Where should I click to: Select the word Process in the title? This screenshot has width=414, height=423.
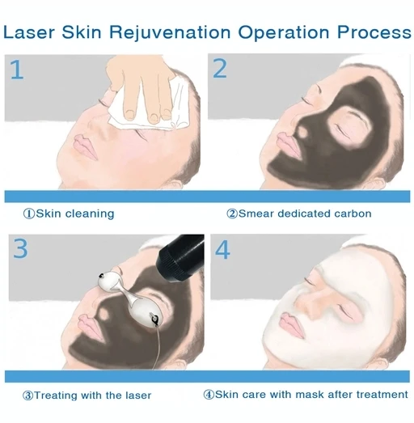pyautogui.click(x=370, y=32)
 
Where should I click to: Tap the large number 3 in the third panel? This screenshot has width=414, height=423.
pyautogui.click(x=19, y=248)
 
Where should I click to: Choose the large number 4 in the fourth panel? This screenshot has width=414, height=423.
pyautogui.click(x=222, y=249)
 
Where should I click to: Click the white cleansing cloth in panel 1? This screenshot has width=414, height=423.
pyautogui.click(x=133, y=109)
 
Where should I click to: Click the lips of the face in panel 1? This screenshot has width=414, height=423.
pyautogui.click(x=83, y=146)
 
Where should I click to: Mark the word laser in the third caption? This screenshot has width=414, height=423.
pyautogui.click(x=134, y=396)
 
